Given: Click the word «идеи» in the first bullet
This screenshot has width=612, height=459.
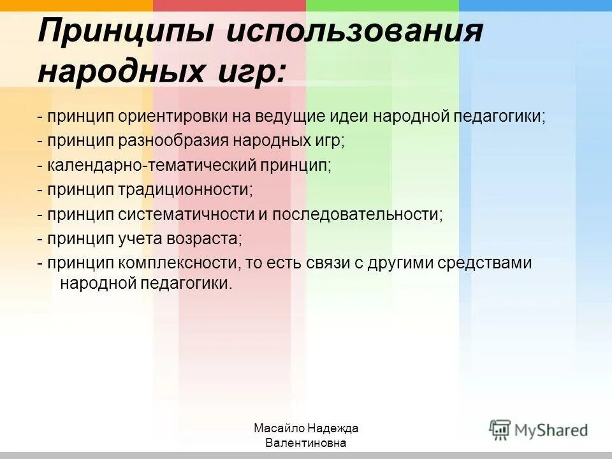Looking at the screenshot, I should (x=349, y=117).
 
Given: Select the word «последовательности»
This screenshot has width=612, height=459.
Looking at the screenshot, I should (x=356, y=214).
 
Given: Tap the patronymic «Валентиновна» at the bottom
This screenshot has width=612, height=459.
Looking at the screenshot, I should (x=306, y=443).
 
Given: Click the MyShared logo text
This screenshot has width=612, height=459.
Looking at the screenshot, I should (x=551, y=430).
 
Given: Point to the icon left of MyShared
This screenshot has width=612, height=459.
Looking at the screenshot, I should (x=500, y=428).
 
